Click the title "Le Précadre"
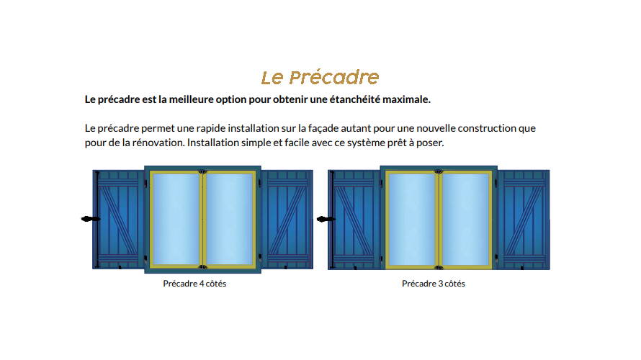tap(320, 77)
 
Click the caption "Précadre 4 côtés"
tap(194, 284)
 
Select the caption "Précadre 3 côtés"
tap(434, 284)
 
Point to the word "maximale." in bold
tap(406, 99)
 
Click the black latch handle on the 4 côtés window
tap(91, 219)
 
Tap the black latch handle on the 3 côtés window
tap(326, 220)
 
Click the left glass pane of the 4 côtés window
tap(176, 219)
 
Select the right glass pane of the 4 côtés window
tap(229, 219)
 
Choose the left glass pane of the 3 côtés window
tap(412, 220)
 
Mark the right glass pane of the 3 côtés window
tap(465, 220)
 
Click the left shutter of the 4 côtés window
tap(119, 220)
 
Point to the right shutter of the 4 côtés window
tap(287, 220)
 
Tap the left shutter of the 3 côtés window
tap(354, 220)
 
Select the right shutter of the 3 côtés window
tap(524, 220)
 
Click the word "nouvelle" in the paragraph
tap(436, 128)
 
